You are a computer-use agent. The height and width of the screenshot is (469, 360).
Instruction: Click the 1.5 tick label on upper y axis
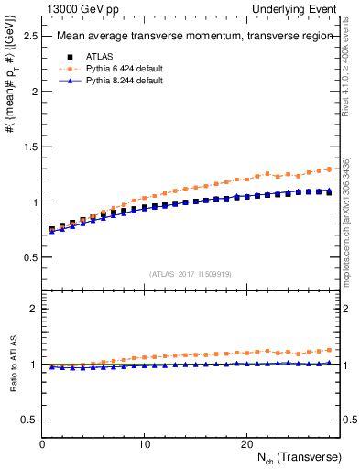pos(28,147)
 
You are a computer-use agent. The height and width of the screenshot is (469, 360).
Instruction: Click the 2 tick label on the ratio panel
pos(33,309)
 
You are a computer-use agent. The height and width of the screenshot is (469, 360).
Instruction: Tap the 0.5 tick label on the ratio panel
pos(28,420)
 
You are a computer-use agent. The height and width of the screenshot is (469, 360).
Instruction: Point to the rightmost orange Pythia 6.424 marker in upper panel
pos(330,169)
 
